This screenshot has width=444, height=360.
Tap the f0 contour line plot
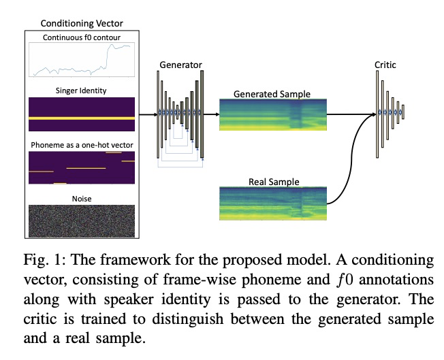81,59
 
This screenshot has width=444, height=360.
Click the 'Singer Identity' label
81,89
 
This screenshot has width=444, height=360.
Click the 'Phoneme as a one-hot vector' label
81,144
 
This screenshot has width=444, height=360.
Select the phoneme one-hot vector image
81,167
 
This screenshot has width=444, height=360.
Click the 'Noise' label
81,198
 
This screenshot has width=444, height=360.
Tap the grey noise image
81,220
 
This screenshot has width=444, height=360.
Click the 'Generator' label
180,65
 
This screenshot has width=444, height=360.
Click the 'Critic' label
385,65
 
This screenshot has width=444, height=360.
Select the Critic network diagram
390,112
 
